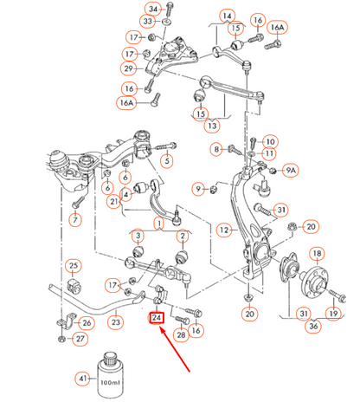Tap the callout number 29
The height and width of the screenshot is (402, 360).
point(128,68)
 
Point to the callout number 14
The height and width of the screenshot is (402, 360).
point(227,16)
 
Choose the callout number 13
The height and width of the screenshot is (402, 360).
point(211,125)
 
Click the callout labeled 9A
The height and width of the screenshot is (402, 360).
point(291,172)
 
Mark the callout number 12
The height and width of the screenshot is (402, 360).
point(224,230)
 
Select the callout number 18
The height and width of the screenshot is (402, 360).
point(318,254)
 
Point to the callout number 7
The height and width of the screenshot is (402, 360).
point(75,221)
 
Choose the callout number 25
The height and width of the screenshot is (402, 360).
point(74,265)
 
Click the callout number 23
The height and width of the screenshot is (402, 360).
point(116,322)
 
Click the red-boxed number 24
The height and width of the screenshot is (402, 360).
point(157,317)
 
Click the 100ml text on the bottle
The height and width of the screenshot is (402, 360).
point(108,381)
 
